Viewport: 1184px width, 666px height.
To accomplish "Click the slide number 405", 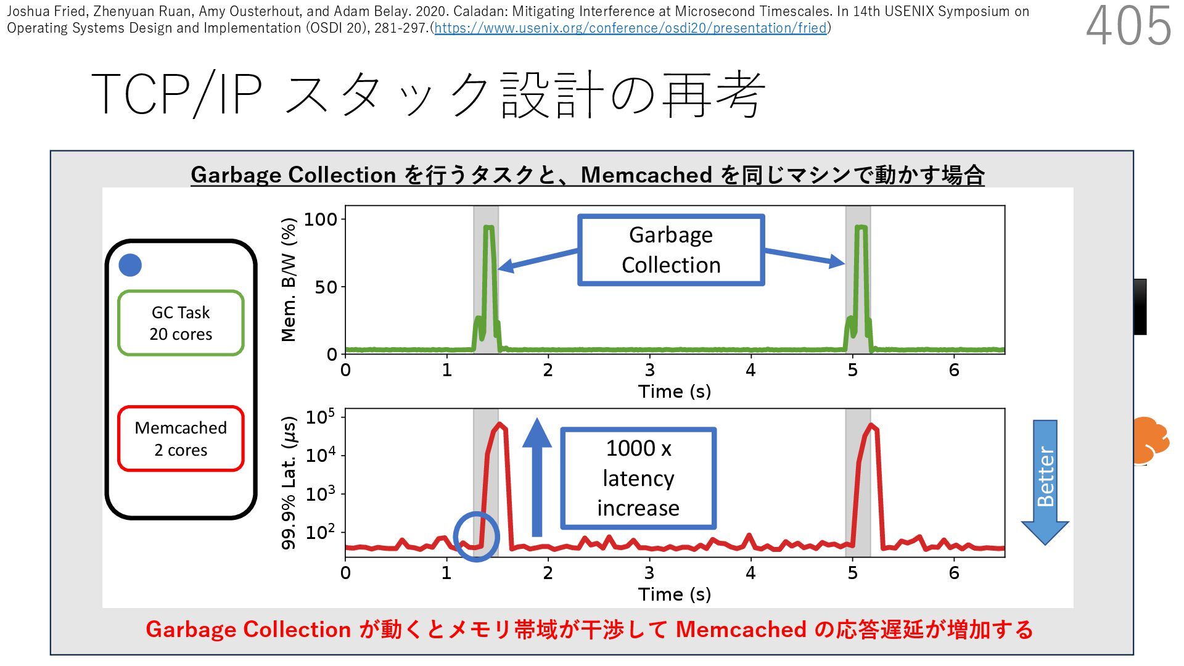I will tap(1128, 27).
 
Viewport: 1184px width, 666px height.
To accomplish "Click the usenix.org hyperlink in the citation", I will tap(630, 28).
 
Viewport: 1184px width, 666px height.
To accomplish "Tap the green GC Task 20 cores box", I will tap(181, 323).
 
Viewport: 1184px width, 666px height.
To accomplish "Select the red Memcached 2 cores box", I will tap(181, 438).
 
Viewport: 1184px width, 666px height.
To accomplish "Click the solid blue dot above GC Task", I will tap(130, 265).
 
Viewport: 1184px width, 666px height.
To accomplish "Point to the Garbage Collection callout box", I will tap(671, 250).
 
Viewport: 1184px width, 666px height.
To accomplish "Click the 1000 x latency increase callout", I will tap(638, 478).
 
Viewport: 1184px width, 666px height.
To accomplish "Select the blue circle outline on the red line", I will tap(476, 536).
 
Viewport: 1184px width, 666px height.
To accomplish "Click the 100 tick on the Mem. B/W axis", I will tap(321, 220).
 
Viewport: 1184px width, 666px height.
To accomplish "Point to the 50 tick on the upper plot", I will tap(326, 287).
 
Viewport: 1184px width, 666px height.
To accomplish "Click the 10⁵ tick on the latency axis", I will tap(321, 417).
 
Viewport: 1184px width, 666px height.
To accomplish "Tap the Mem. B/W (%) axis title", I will tap(289, 280).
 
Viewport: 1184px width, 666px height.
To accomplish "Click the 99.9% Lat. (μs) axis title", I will tap(289, 483).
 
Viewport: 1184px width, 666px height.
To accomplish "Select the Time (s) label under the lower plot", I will tap(674, 594).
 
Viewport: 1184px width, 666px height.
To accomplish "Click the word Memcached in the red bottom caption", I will tap(741, 630).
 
